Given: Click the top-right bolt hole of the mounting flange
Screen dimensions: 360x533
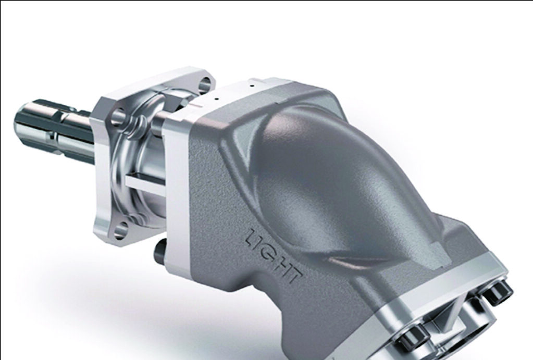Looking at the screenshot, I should click(x=206, y=82).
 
